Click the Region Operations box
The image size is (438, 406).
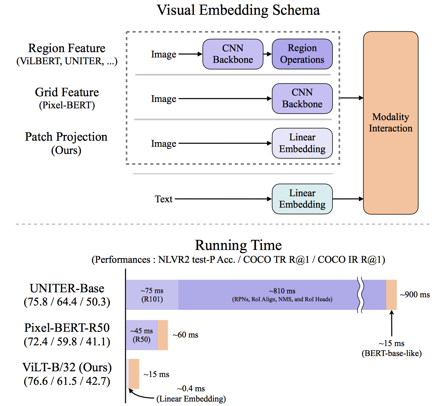coord(302,54)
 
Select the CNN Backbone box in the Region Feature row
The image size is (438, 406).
coord(233,54)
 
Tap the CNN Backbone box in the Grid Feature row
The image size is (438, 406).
coord(302,98)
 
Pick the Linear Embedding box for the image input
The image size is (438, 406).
coord(302,143)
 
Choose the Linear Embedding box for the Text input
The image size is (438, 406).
coord(302,199)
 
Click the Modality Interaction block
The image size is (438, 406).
coord(390,123)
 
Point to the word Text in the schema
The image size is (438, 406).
coord(164,199)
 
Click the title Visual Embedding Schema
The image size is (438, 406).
coord(238,10)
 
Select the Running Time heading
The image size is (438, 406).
coord(238,245)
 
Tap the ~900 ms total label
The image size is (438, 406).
coord(414,295)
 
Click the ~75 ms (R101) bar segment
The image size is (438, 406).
coord(152,295)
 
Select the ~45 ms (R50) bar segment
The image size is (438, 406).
coord(141,335)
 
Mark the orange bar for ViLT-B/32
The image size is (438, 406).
coord(134,374)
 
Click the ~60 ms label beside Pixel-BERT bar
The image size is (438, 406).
coord(185,335)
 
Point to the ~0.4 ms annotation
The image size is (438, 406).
coord(191,389)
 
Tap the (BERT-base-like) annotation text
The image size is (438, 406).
coord(391,353)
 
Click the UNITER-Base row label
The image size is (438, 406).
coord(67,289)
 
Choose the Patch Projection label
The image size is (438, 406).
coord(66,137)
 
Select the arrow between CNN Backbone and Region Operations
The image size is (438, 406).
coord(267,54)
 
